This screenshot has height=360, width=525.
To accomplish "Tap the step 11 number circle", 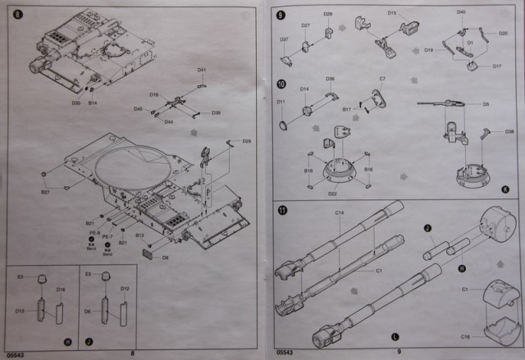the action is point(281,210).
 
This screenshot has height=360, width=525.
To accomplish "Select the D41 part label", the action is point(202,69).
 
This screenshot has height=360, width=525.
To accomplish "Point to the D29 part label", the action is point(245,141).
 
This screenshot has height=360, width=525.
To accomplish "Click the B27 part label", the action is point(46,192).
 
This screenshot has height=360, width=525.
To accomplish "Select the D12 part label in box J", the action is point(126,289).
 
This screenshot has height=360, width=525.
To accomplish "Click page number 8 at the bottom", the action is point(131,353).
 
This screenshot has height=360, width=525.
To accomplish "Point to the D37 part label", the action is point(284,39).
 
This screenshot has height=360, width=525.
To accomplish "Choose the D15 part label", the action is point(391,14).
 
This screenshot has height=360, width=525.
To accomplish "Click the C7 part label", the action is point(382,79).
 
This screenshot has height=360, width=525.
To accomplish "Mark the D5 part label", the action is point(486,105).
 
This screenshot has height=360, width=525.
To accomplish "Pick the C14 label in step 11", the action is point(340,213).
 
